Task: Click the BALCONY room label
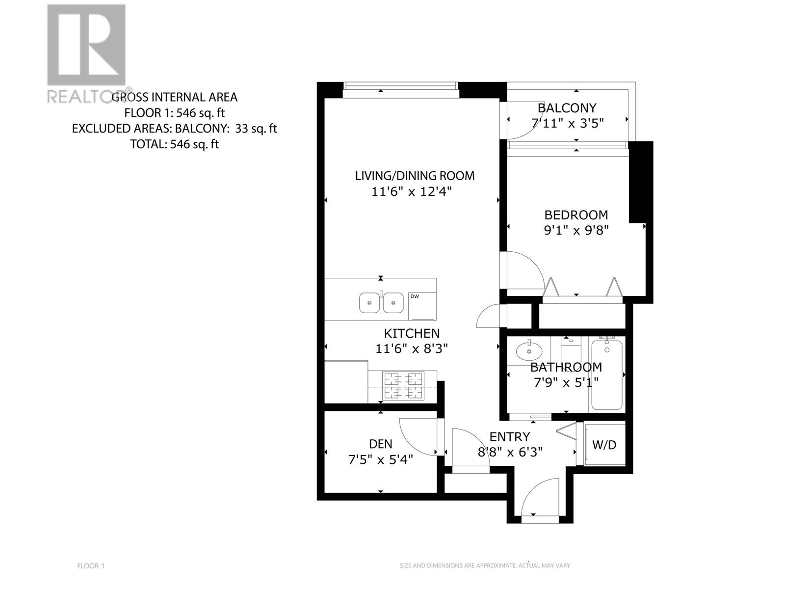click(x=567, y=108)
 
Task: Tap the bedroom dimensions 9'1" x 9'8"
click(x=576, y=230)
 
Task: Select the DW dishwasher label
click(x=415, y=296)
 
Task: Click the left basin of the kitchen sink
click(x=370, y=302)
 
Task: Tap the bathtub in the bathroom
click(x=607, y=376)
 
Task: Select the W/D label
click(x=604, y=445)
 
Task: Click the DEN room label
click(x=380, y=444)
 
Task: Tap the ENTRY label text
click(x=510, y=437)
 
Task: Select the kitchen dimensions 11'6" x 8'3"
click(x=412, y=349)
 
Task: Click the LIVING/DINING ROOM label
click(x=415, y=176)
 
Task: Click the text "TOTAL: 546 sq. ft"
click(x=174, y=144)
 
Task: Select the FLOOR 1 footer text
click(x=91, y=566)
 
